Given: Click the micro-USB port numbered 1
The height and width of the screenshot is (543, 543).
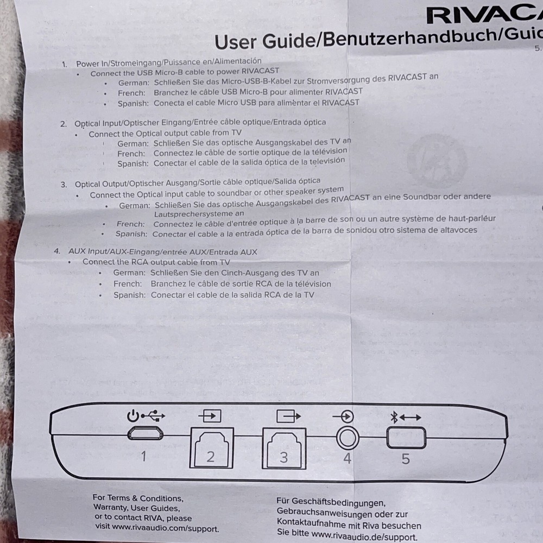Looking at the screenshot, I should click(x=145, y=433).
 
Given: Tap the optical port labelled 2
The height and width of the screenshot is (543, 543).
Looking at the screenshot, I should click(x=211, y=447).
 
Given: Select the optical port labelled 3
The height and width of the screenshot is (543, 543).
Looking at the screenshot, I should click(x=283, y=447).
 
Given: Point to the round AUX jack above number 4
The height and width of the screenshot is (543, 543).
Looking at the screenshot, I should click(x=347, y=436).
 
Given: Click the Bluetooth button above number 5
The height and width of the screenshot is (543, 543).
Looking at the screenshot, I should click(x=406, y=438).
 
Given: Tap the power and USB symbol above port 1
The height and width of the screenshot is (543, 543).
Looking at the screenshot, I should click(x=146, y=416).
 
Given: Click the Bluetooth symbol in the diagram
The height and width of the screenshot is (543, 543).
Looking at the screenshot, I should click(x=395, y=417).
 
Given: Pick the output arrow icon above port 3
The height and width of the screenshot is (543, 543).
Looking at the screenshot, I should click(x=288, y=416).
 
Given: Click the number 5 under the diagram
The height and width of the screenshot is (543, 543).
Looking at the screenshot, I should click(x=406, y=459).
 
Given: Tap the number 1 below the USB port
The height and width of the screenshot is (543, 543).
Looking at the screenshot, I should click(x=143, y=456).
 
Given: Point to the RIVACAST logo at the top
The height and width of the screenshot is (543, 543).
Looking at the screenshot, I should click(x=483, y=15).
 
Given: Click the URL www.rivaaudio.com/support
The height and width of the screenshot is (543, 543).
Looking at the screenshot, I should click(x=165, y=528).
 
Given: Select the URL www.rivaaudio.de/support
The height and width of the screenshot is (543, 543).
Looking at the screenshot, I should click(x=364, y=537).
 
